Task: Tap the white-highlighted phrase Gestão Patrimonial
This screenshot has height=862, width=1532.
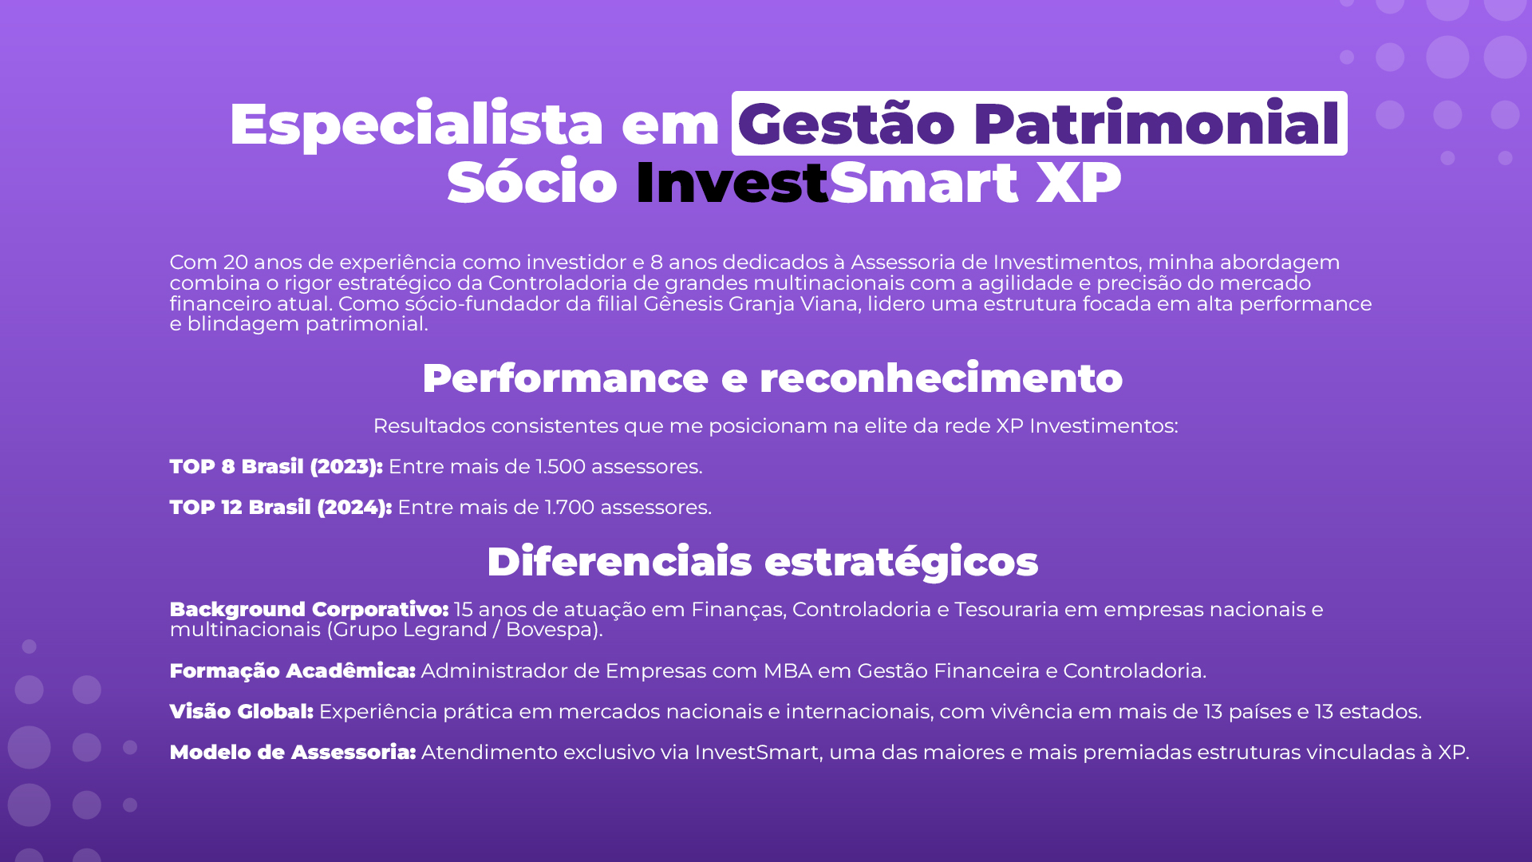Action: click(1039, 124)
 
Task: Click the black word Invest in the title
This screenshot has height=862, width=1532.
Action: click(732, 183)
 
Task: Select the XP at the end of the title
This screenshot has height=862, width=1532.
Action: click(1079, 183)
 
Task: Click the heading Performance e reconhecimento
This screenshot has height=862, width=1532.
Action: click(772, 378)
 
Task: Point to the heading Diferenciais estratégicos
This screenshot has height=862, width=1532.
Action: click(763, 562)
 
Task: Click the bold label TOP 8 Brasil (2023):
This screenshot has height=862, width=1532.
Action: click(276, 467)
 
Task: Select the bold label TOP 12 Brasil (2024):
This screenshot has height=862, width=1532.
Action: click(281, 508)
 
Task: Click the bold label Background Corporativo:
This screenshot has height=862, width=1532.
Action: click(310, 610)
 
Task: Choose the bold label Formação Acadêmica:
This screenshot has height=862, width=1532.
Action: click(293, 671)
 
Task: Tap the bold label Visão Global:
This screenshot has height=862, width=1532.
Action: click(242, 712)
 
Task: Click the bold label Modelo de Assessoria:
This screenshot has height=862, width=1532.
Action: click(293, 753)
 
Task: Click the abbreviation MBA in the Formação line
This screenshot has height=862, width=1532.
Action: click(788, 671)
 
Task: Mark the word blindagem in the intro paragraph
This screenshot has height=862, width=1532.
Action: click(243, 325)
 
